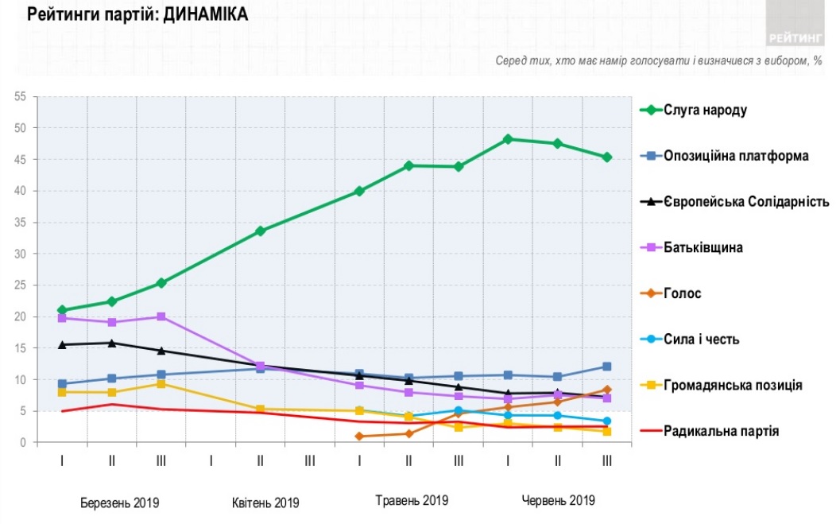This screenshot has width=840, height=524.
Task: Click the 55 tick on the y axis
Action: click(21, 97)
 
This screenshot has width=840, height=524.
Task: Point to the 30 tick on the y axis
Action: click(21, 254)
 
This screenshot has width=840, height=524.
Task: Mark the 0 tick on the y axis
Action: click(24, 443)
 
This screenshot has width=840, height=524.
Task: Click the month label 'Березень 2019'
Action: click(120, 503)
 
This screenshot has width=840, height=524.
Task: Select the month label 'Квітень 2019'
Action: click(265, 503)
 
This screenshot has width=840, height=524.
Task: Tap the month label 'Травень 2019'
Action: click(412, 501)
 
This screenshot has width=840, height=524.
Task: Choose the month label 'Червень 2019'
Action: click(558, 501)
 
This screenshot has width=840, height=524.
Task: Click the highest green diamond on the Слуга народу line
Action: click(508, 139)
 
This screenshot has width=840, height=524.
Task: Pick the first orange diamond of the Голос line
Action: click(359, 437)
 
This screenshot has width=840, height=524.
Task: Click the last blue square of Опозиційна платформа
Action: click(606, 367)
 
